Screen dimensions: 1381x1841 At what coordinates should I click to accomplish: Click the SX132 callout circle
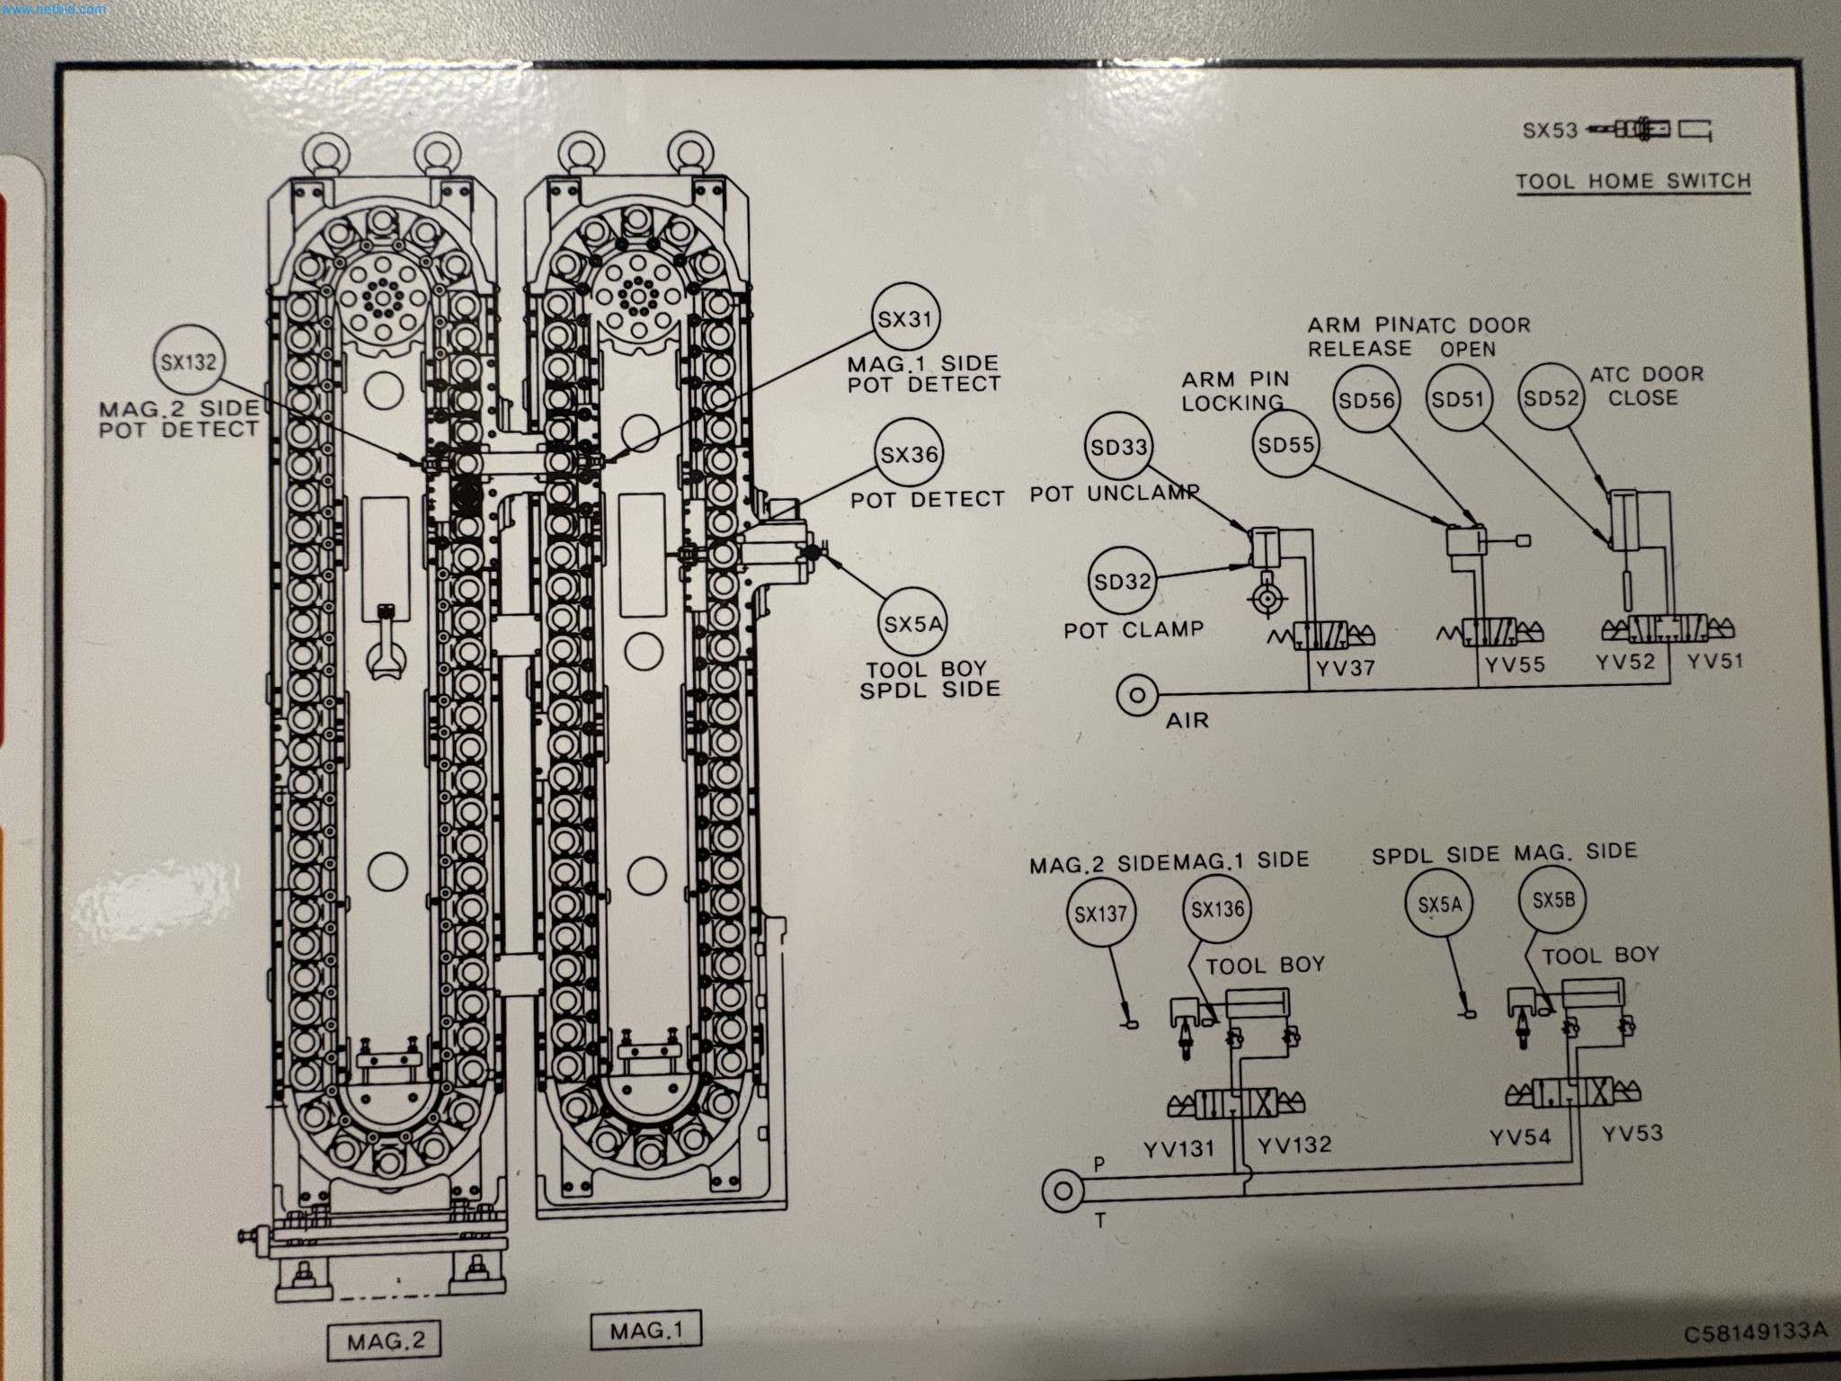188,361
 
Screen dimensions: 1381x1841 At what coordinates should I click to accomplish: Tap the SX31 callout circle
906,319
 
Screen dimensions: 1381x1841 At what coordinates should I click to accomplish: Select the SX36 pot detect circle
909,455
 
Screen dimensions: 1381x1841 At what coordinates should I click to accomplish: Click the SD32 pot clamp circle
1122,581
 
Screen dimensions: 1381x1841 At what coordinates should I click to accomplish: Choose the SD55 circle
1286,444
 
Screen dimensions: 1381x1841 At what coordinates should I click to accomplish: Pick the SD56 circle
1365,400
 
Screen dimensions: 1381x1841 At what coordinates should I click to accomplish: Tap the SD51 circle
1457,398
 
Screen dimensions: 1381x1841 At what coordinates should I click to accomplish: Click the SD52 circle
1551,398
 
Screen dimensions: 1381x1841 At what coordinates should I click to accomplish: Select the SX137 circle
1100,914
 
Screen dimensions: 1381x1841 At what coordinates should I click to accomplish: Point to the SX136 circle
1217,909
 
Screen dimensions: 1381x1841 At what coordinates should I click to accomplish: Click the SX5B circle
1552,899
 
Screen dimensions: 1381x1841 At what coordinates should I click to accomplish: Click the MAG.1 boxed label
645,1331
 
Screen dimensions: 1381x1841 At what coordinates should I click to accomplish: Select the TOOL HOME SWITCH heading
1633,181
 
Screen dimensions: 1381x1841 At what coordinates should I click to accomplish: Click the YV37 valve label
1345,668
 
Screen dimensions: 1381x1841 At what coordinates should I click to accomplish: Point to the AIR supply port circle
1136,695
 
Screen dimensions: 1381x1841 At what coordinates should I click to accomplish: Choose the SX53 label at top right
1550,130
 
